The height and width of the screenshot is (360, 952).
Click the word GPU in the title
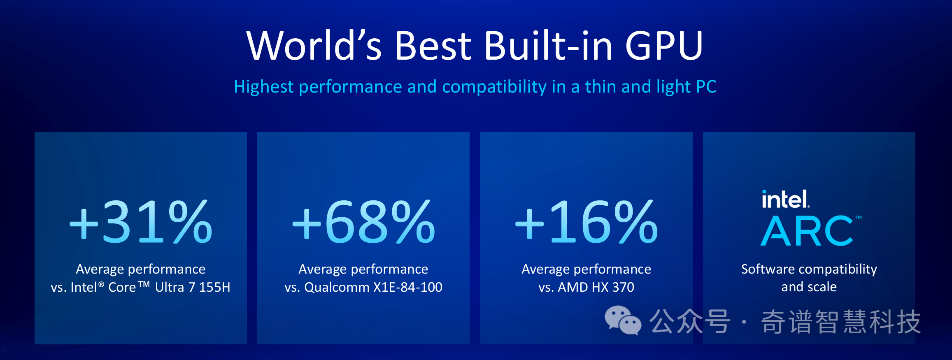pyautogui.click(x=663, y=45)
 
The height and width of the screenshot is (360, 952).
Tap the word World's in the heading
pyautogui.click(x=314, y=45)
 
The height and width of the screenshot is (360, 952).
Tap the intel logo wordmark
pyautogui.click(x=785, y=200)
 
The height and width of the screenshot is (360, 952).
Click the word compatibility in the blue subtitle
pyautogui.click(x=494, y=87)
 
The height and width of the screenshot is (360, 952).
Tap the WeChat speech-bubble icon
pyautogui.click(x=623, y=320)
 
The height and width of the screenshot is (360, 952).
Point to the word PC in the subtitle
pyautogui.click(x=706, y=87)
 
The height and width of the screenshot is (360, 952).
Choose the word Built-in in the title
pyautogui.click(x=548, y=45)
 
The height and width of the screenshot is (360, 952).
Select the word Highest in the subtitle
pyautogui.click(x=264, y=87)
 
